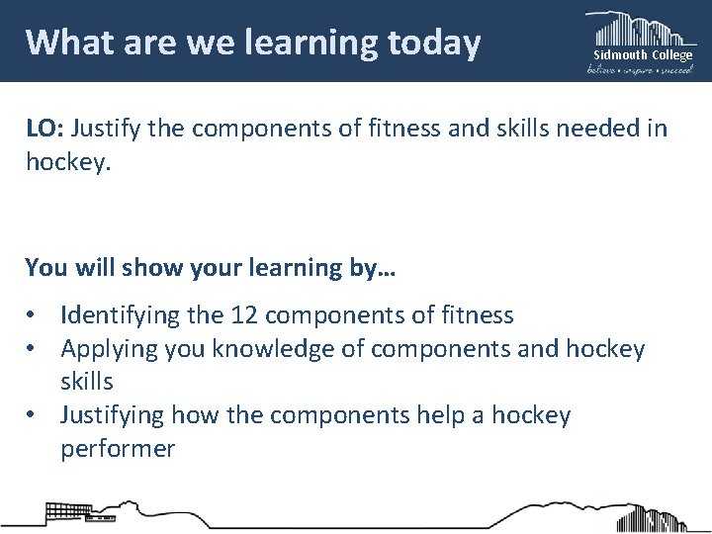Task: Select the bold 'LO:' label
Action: click(x=44, y=128)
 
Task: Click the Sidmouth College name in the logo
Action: click(x=643, y=55)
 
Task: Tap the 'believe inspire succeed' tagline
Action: click(x=641, y=69)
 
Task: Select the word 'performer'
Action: click(x=118, y=448)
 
